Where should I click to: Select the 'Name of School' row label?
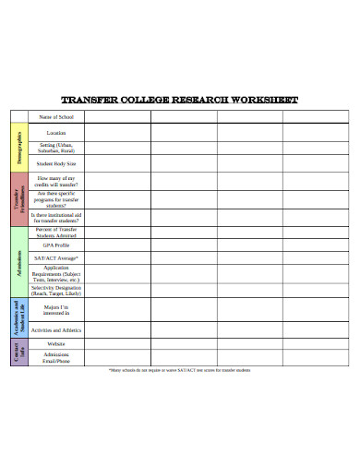pos(56,116)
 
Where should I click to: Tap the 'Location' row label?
pos(56,133)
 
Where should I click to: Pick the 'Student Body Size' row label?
pos(56,162)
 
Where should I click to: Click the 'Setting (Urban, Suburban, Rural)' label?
pos(56,148)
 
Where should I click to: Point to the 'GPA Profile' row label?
pos(56,245)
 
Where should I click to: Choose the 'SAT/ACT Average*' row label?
pos(56,259)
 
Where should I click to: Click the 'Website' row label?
pos(56,343)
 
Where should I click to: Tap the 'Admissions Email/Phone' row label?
pos(56,358)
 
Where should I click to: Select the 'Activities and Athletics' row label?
pos(56,329)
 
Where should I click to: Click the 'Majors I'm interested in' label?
pos(56,309)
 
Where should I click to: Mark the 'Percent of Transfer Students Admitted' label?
pos(56,233)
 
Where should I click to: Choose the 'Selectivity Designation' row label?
pos(56,290)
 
